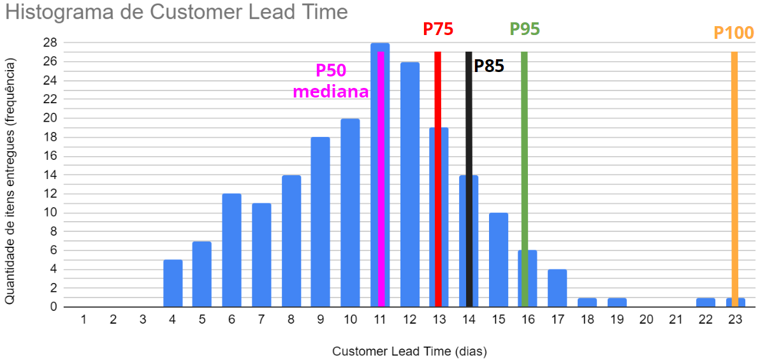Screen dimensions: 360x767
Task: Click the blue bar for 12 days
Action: pyautogui.click(x=409, y=185)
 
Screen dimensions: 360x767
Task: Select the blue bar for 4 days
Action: pyautogui.click(x=173, y=283)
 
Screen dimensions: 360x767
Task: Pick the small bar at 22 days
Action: pyautogui.click(x=705, y=302)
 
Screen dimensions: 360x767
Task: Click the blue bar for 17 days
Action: pyautogui.click(x=557, y=288)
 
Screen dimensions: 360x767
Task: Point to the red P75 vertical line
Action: pyautogui.click(x=438, y=178)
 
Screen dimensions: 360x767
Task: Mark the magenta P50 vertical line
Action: pyautogui.click(x=381, y=191)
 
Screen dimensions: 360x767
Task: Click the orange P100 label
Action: pyautogui.click(x=733, y=32)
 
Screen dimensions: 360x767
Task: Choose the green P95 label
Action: pyautogui.click(x=525, y=29)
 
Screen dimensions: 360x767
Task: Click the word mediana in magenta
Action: pyautogui.click(x=330, y=91)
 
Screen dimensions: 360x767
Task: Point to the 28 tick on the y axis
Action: pyautogui.click(x=50, y=43)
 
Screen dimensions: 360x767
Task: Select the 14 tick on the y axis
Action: pyautogui.click(x=50, y=175)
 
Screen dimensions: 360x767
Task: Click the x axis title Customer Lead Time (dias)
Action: pyautogui.click(x=409, y=350)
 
